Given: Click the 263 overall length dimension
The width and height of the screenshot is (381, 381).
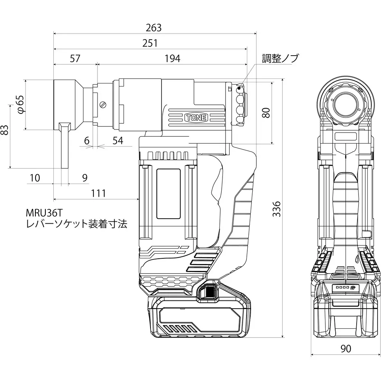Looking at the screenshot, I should tap(154, 28).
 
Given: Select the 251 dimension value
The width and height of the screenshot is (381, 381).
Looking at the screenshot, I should tap(150, 43).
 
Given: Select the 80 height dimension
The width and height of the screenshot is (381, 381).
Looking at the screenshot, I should tap(266, 112).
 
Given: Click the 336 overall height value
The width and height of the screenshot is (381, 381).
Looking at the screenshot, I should tap(277, 209).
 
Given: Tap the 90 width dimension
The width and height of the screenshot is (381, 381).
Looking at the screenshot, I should tap(346, 348).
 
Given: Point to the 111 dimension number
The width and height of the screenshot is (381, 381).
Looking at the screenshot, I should tap(99, 193).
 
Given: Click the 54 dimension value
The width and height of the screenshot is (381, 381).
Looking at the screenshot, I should tap(118, 140).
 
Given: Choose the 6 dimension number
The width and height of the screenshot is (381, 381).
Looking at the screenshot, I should tap(86, 140).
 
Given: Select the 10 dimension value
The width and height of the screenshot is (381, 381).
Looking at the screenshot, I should tap(35, 178).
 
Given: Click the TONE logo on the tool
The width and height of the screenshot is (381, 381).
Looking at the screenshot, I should tap(195, 118).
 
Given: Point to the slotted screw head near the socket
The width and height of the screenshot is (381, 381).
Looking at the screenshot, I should tap(102, 105).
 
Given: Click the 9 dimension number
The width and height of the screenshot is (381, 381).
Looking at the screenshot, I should tap(85, 178).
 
